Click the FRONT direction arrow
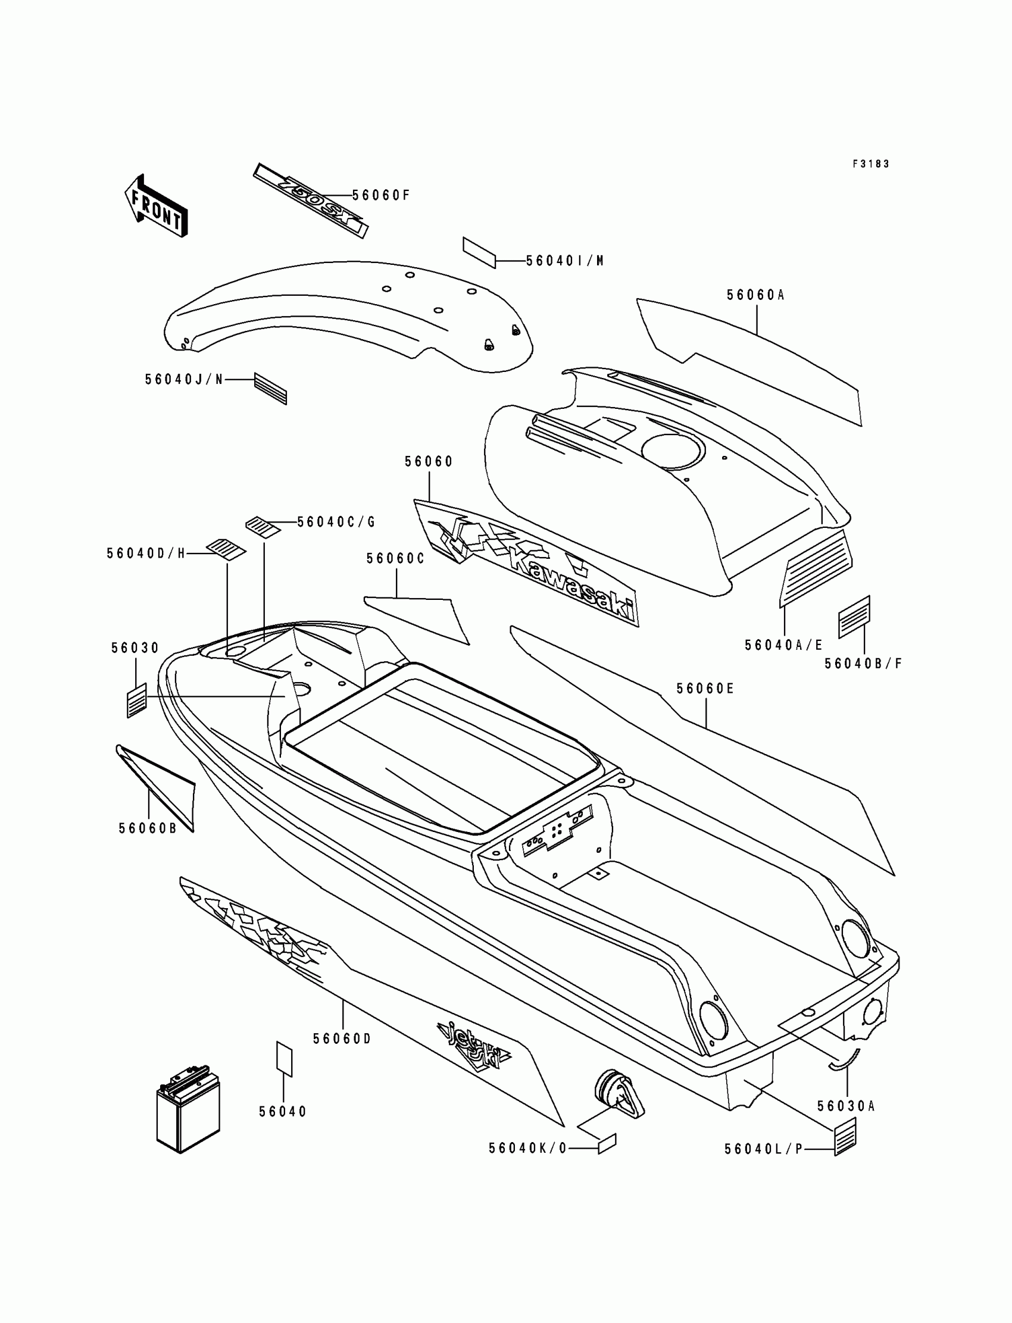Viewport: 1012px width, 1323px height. pyautogui.click(x=156, y=206)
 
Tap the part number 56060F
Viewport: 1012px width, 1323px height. pyautogui.click(x=381, y=195)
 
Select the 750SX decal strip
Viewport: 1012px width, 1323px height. pyautogui.click(x=310, y=201)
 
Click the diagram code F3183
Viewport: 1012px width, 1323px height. pyautogui.click(x=870, y=164)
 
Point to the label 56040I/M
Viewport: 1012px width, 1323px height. pyautogui.click(x=564, y=261)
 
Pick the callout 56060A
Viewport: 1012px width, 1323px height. pyautogui.click(x=755, y=295)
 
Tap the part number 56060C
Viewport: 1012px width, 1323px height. pyautogui.click(x=395, y=559)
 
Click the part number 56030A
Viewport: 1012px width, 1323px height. pyautogui.click(x=846, y=1106)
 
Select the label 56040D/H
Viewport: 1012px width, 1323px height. pyautogui.click(x=146, y=553)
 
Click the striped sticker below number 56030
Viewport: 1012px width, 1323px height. pyautogui.click(x=137, y=700)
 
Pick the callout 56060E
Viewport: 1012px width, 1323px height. pyautogui.click(x=705, y=689)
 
